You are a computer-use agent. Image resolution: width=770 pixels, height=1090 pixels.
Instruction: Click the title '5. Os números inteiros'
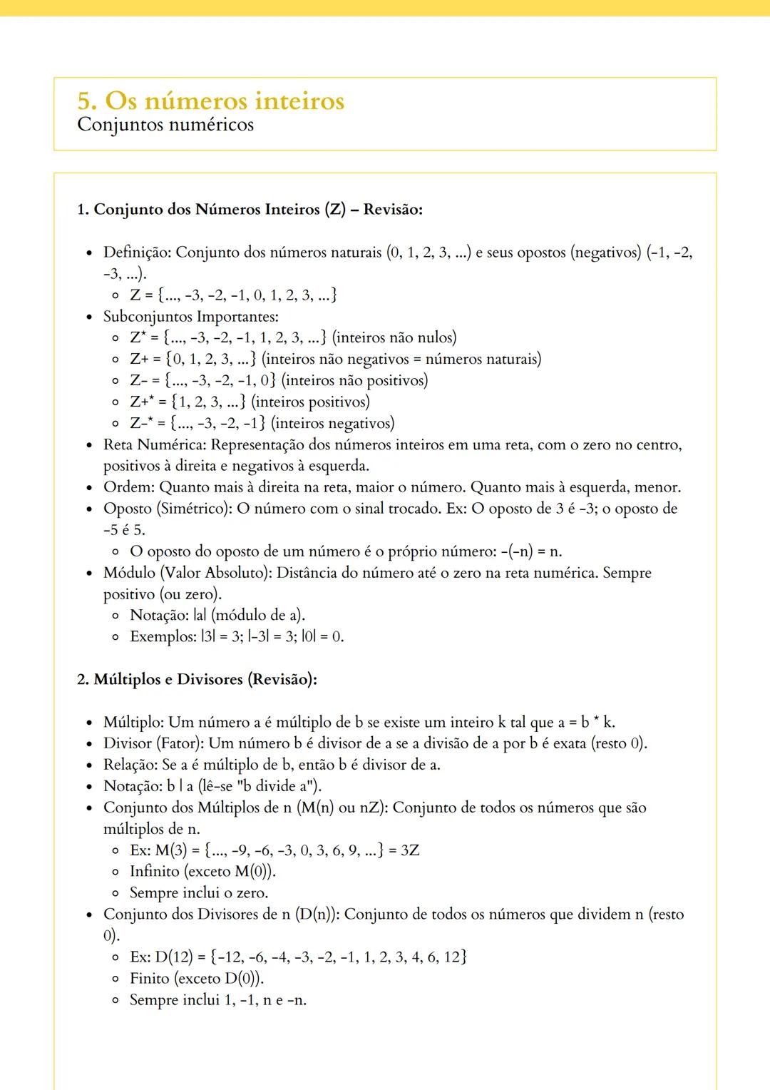pos(211,101)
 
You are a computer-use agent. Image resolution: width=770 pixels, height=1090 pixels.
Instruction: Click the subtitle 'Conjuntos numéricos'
pos(165,125)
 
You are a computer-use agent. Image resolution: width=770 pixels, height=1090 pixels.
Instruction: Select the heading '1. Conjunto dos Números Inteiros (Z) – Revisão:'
pos(250,210)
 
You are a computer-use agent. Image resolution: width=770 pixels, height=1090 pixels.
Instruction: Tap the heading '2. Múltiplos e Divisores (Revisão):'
pos(197,679)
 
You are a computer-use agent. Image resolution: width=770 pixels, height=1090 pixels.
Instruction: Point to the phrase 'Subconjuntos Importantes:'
pos(191,317)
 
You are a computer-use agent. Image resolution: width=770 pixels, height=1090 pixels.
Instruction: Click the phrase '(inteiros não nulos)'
pos(394,337)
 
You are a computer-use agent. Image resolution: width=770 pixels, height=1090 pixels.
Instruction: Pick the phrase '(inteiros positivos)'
pos(311,402)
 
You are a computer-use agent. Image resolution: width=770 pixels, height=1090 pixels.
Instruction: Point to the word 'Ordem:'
pos(129,488)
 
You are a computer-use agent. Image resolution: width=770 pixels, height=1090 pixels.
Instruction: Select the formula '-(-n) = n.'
pos(531,551)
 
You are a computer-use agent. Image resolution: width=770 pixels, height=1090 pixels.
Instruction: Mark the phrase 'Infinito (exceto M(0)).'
pos(202,872)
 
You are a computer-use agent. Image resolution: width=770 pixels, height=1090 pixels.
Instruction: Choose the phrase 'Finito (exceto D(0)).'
pos(197,979)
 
